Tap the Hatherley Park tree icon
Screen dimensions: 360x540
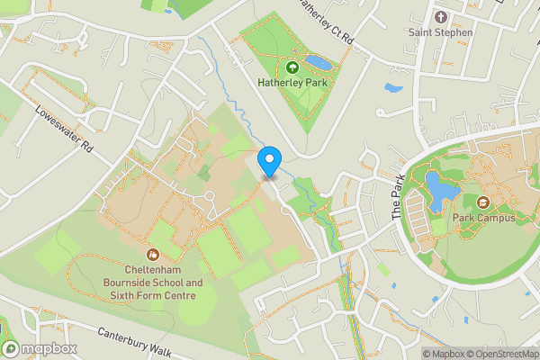292,67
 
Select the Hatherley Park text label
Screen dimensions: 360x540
291,83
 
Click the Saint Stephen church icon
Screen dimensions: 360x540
440,17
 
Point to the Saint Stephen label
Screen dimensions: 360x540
440,33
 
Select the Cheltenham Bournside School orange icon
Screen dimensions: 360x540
152,254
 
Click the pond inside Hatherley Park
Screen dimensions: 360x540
317,62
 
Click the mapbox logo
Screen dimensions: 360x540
40,348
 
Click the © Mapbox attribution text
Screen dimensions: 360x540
441,354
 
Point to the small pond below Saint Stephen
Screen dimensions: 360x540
392,89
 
